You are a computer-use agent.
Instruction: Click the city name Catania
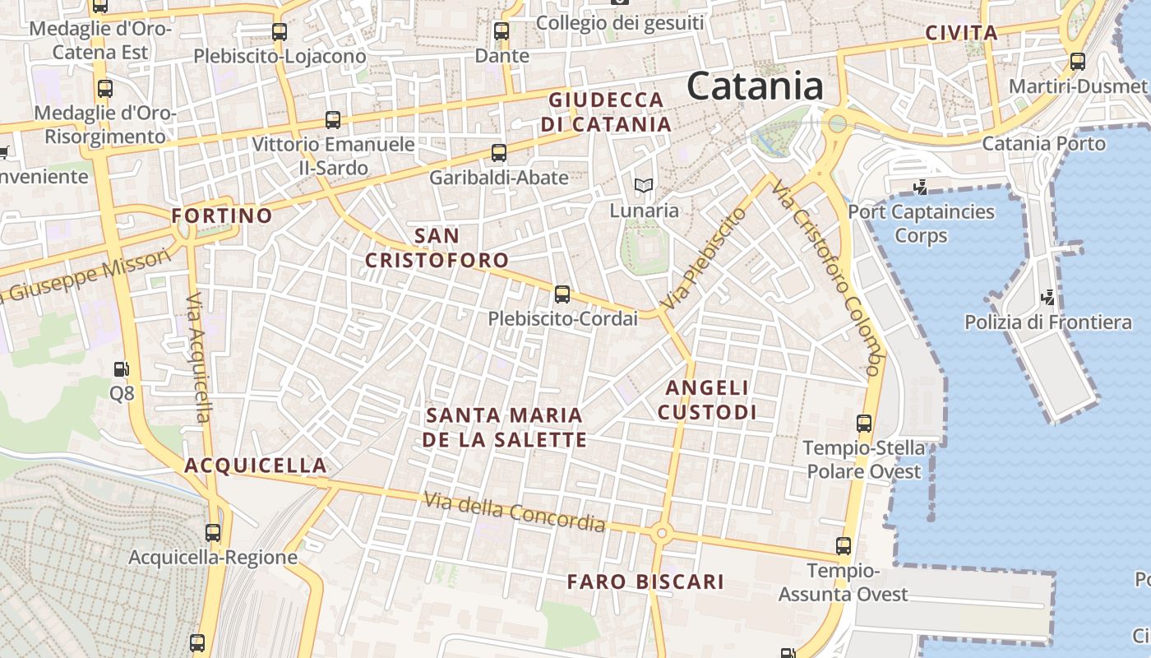(755, 86)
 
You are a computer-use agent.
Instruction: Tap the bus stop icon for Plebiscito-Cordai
(562, 294)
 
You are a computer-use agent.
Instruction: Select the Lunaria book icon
(644, 185)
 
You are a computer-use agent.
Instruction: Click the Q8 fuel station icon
(122, 369)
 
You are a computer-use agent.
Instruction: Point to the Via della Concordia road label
(515, 512)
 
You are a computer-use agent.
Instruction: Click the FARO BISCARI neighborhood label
(645, 582)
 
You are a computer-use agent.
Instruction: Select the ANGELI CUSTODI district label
(706, 400)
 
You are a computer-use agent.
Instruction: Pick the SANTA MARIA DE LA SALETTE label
(504, 427)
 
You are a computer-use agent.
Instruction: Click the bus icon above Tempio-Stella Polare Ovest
(864, 424)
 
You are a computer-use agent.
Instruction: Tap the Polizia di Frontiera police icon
(1047, 296)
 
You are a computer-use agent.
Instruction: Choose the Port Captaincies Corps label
(921, 224)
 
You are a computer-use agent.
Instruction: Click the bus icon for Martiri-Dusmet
(1078, 62)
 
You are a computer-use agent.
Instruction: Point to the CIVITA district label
(961, 34)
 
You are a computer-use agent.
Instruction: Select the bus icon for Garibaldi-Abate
(499, 152)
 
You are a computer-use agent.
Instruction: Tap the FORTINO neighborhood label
(222, 216)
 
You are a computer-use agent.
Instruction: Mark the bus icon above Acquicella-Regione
(213, 532)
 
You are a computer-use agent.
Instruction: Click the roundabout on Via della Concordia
(661, 534)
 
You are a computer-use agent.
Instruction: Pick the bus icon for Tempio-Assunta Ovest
(844, 545)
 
